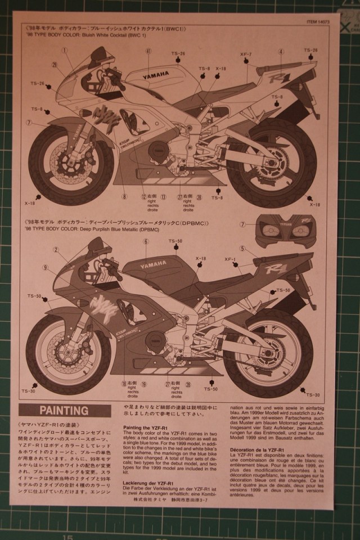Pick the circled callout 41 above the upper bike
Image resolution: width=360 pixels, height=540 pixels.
tap(148, 51)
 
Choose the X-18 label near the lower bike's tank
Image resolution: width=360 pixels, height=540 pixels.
tap(200, 258)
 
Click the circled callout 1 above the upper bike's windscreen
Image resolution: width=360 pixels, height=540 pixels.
tap(65, 50)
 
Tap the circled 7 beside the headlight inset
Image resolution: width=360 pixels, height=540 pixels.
tap(242, 224)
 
